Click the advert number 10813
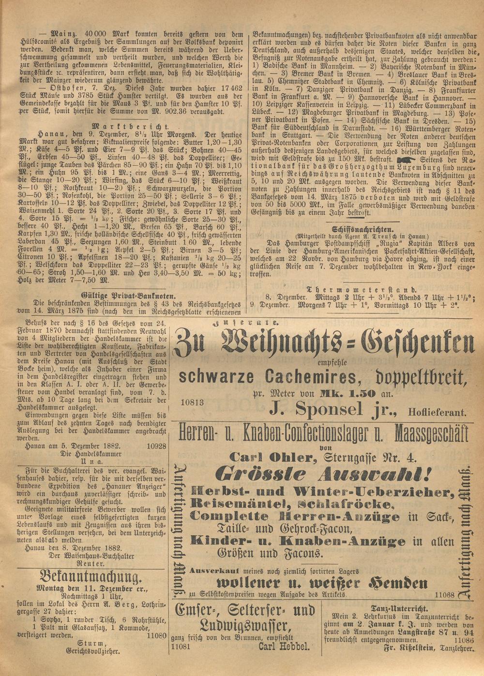coord(194,401)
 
